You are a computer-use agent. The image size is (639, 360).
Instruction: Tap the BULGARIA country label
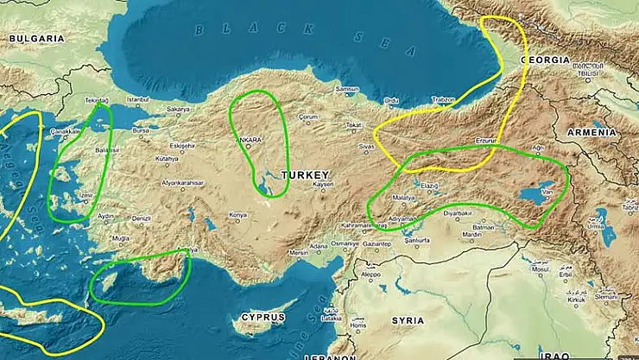(x=37, y=39)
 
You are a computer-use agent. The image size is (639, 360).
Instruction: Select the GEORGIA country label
(x=545, y=60)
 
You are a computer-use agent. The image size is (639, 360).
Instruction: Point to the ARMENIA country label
(x=592, y=132)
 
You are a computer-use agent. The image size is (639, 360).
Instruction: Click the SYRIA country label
(x=408, y=319)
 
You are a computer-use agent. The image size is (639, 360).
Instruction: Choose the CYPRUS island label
(x=263, y=317)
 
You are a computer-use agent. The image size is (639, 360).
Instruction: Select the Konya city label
(x=237, y=214)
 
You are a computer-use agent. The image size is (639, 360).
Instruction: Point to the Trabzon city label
(x=444, y=100)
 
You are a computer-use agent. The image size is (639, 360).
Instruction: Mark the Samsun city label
(x=346, y=90)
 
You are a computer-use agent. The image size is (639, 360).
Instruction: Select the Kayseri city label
(x=323, y=185)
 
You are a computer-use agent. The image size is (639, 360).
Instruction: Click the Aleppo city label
(x=370, y=275)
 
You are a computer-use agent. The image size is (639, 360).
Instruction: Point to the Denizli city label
(x=142, y=218)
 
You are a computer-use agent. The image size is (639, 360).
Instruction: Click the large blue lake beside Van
(x=528, y=197)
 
